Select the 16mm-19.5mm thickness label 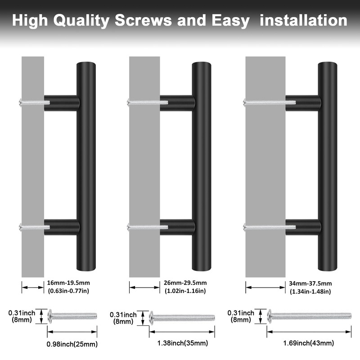[69, 283]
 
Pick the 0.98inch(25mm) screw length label [72, 345]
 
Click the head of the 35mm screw [152, 317]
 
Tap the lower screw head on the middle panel [130, 227]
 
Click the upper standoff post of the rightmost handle [302, 102]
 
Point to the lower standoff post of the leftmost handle [62, 227]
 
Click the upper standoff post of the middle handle [177, 103]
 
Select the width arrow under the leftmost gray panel [33, 286]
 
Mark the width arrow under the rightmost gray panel [265, 286]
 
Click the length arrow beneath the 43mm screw [309, 333]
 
